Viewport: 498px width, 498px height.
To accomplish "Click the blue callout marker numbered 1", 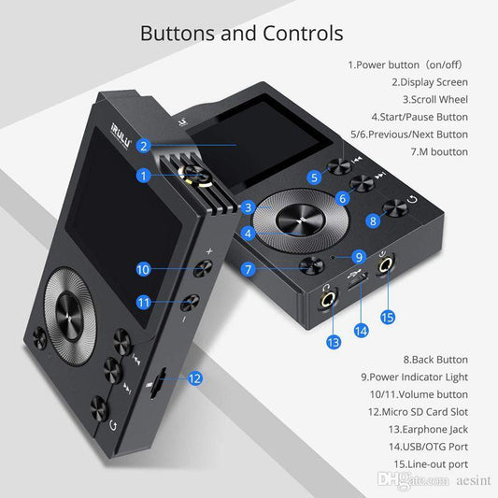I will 143,175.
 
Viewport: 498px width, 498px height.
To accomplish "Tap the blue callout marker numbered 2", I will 143,145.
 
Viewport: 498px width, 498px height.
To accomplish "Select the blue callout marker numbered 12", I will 194,378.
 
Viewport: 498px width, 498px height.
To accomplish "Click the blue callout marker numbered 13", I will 334,343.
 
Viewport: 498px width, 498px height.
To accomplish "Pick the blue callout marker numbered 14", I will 361,329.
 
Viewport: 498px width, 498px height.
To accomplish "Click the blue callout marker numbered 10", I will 143,269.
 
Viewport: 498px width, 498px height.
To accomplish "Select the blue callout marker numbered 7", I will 249,269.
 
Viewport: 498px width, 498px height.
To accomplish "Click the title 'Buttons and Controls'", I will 241,34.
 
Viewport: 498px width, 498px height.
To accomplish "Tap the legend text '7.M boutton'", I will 439,151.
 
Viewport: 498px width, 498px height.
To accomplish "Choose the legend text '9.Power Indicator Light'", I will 414,377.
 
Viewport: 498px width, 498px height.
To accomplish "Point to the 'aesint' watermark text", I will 467,478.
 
